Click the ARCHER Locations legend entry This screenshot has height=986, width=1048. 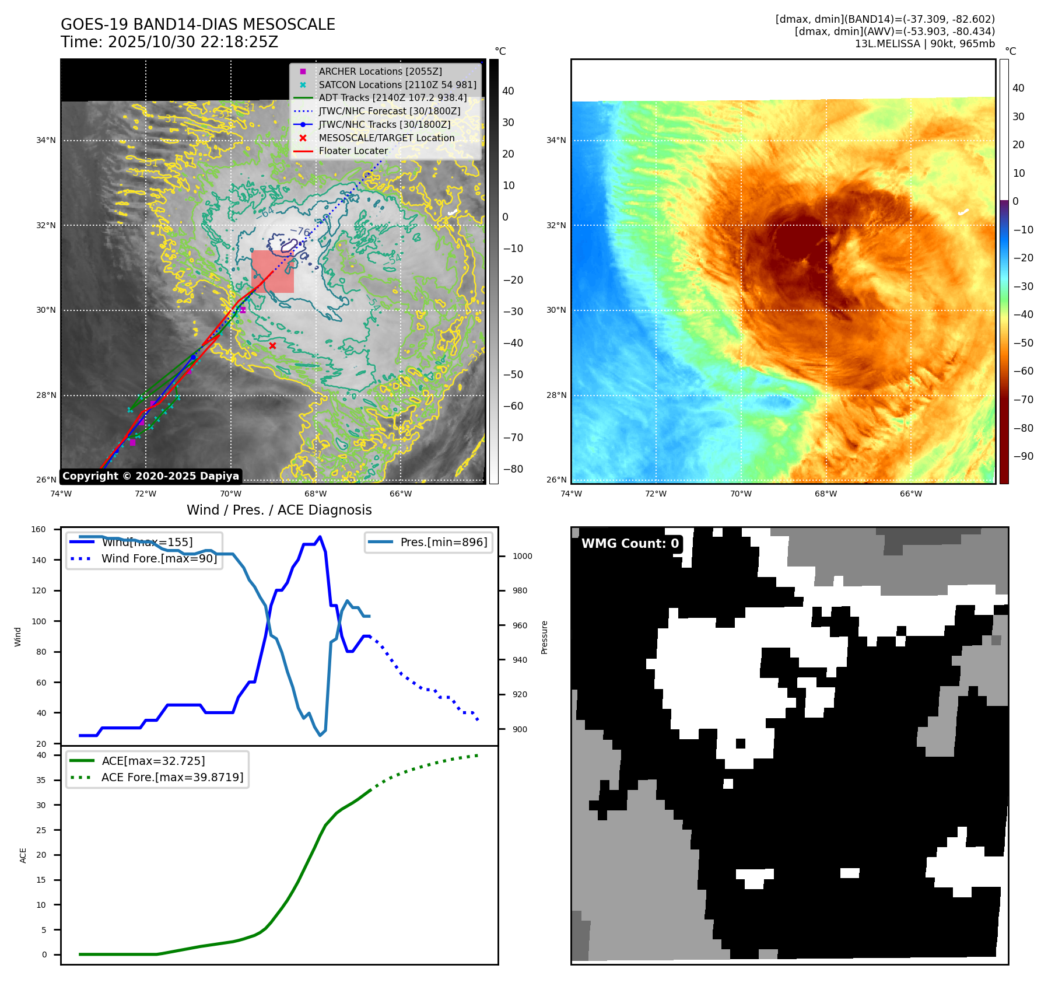380,71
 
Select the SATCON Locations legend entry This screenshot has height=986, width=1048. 397,85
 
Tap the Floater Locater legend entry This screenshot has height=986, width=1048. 353,151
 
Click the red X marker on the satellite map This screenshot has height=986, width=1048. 272,346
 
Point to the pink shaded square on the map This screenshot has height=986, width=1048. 272,271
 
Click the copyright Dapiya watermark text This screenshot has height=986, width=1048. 150,476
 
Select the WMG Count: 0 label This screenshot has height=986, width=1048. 630,544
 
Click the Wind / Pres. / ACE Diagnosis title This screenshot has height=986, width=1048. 279,510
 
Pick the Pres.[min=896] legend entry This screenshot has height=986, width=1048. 443,542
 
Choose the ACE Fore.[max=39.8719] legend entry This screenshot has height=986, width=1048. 172,777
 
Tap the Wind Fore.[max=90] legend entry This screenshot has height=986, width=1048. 159,558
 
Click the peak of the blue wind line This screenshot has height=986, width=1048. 320,537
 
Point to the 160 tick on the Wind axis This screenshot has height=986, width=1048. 38,530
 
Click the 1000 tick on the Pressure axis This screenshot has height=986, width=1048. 522,556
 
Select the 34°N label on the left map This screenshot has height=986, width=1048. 46,140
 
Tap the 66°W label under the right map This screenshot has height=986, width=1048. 910,494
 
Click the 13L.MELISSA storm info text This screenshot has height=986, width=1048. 924,44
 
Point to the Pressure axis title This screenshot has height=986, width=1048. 544,637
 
